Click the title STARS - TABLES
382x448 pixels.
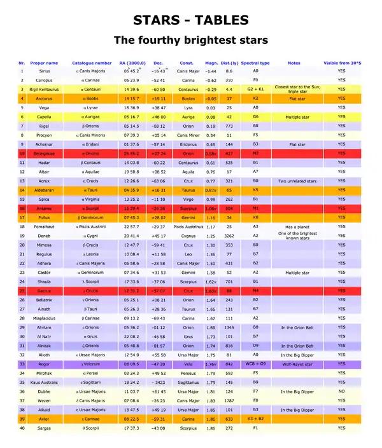[190, 19]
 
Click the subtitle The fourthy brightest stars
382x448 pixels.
[190, 40]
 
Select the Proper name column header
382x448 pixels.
[43, 63]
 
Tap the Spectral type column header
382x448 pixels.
[255, 63]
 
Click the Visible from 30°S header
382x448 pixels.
[342, 63]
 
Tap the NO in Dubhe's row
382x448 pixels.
[342, 391]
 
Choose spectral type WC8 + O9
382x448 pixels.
[255, 364]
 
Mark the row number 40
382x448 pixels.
[22, 428]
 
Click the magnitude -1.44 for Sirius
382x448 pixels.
[211, 72]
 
